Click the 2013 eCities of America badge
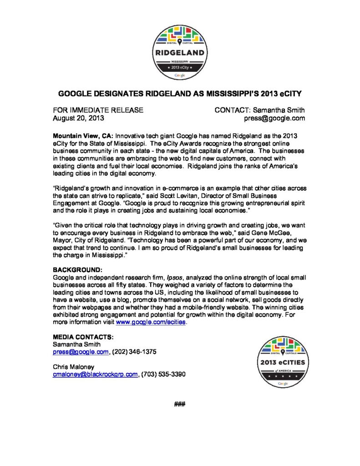point(283,363)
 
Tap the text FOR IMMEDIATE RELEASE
point(99,110)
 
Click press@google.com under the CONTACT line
point(274,118)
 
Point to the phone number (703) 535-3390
point(163,374)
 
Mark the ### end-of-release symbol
point(180,405)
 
